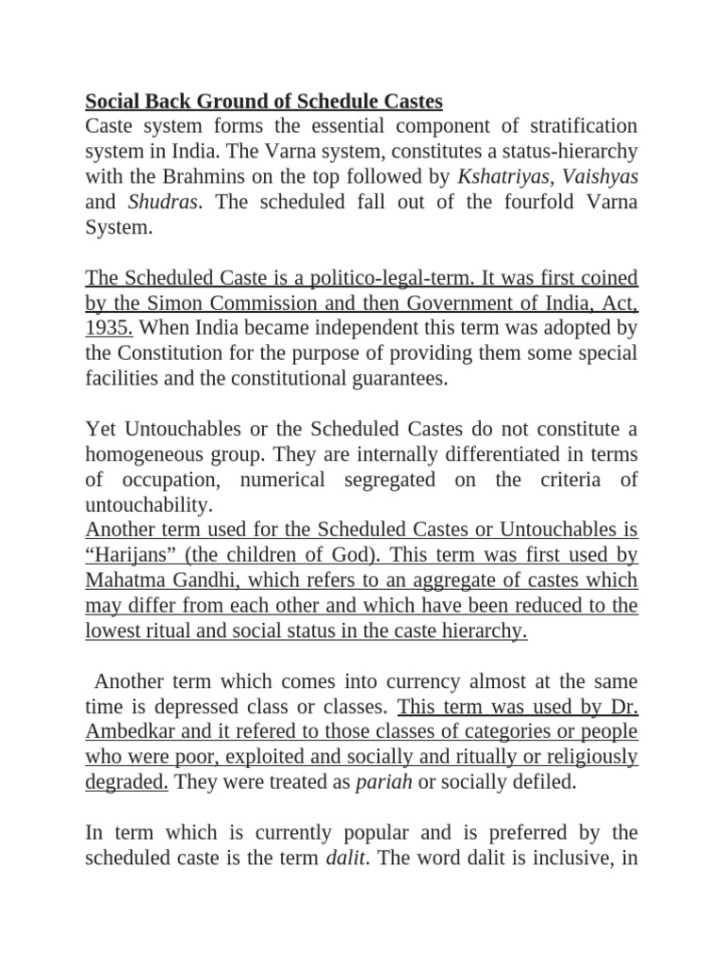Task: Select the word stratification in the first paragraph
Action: [x=577, y=125]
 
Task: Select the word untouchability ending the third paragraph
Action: [x=142, y=506]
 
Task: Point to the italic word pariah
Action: [x=385, y=783]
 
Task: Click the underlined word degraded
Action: [x=126, y=783]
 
